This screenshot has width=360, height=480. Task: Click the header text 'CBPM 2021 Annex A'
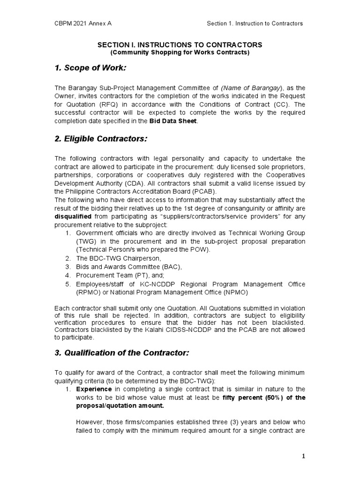tap(82, 23)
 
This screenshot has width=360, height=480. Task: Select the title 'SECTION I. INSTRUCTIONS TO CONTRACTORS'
tap(180, 45)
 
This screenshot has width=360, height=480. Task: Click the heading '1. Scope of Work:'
tap(90, 69)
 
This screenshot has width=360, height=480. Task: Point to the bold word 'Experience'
tap(94, 389)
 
